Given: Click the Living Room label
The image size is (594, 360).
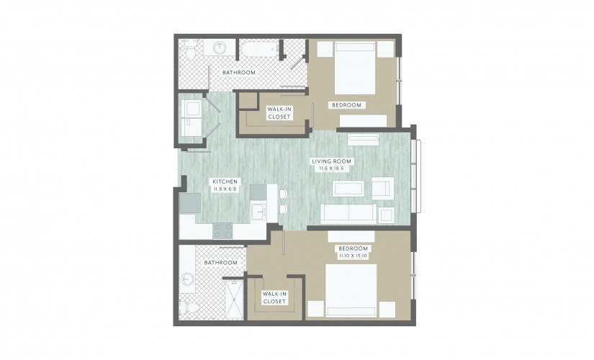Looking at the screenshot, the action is [331, 161].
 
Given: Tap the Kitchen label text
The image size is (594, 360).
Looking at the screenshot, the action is [225, 182].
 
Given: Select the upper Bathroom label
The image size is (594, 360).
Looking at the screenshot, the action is [238, 73].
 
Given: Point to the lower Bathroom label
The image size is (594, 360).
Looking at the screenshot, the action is [220, 263].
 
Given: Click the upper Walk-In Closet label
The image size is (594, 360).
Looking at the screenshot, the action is [279, 113].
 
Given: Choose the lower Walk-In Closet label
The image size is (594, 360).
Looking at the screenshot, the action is [274, 298].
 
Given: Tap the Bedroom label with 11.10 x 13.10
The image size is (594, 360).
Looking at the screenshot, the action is [353, 248].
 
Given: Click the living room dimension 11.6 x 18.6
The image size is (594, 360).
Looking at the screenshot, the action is [330, 168].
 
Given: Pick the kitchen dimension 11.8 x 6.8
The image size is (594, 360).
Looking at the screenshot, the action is [225, 189].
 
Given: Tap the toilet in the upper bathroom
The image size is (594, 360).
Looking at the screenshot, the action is [189, 49].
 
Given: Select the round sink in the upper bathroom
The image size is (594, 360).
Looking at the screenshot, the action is [220, 48].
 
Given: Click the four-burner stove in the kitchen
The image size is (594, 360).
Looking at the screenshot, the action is [222, 230].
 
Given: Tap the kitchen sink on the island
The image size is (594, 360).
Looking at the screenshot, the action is [259, 212].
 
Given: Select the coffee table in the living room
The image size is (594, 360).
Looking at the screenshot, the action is [348, 189].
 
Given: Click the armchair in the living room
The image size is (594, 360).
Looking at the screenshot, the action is [382, 189].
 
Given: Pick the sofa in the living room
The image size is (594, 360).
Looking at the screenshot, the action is [348, 214].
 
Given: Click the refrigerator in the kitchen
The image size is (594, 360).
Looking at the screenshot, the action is [190, 203].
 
